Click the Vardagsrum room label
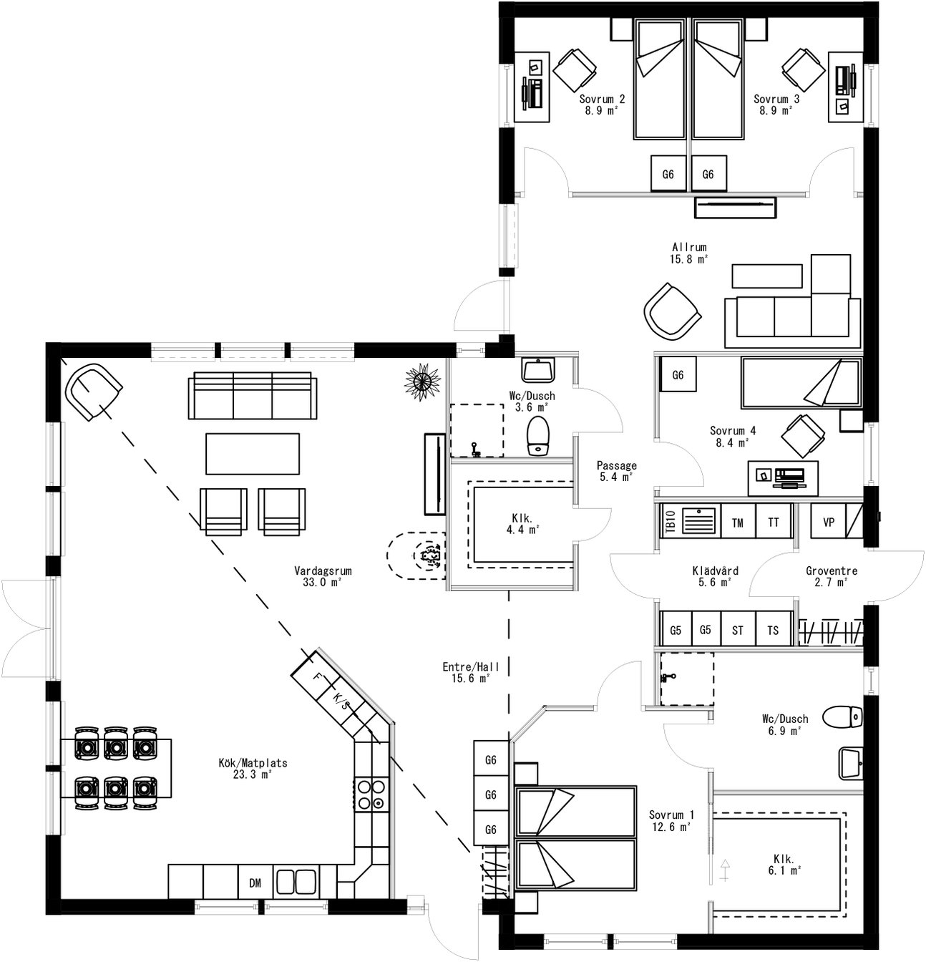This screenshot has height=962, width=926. point(323,576)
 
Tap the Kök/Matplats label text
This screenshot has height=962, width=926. point(253,768)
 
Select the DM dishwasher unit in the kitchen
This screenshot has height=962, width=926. point(255,883)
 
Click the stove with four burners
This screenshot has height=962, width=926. point(371,795)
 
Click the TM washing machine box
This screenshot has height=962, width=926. point(737,523)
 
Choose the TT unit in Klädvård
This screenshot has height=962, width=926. point(773,523)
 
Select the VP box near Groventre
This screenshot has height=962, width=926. point(828,522)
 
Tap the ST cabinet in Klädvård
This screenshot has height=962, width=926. point(737,630)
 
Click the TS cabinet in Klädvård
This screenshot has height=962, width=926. point(773,630)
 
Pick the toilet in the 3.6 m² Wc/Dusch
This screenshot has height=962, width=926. point(537,436)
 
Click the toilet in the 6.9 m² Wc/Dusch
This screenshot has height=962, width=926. point(844,716)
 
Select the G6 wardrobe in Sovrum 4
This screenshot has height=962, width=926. point(678,374)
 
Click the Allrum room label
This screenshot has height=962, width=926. point(688,253)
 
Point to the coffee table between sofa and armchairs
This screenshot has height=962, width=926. point(252,453)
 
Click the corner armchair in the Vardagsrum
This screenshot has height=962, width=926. point(92,392)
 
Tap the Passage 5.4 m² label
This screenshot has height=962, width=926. point(616,470)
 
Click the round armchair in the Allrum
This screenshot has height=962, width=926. point(671,312)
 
